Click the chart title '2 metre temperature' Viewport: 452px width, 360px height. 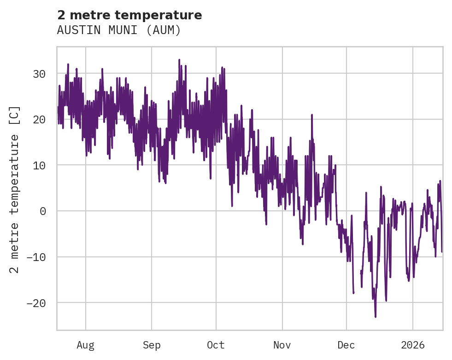[129, 15]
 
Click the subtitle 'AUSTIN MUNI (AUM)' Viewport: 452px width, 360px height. [119, 30]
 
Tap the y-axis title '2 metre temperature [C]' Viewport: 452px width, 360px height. [15, 189]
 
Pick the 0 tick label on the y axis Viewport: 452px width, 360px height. [42, 211]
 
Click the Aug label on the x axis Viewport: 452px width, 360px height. [86, 345]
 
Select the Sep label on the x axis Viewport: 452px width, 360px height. [152, 345]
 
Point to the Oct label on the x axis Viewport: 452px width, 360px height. [216, 345]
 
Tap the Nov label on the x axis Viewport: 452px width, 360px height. [282, 345]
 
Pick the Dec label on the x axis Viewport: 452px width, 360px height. [346, 345]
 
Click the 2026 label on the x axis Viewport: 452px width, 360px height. [413, 345]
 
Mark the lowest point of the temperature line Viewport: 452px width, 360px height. [376, 317]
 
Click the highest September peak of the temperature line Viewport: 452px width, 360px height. [179, 59]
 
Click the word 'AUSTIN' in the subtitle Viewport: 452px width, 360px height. [74, 30]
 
